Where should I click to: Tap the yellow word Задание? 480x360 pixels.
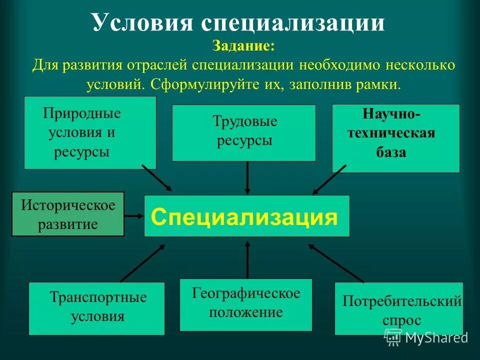click(243, 46)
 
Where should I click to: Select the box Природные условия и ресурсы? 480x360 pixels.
click(90, 132)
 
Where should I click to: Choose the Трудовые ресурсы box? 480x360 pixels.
click(243, 132)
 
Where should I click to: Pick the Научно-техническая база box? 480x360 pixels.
click(395, 138)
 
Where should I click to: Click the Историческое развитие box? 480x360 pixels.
click(67, 213)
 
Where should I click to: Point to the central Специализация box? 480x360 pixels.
click(246, 216)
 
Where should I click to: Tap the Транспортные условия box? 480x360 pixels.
click(96, 308)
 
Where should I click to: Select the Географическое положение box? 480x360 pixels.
click(245, 304)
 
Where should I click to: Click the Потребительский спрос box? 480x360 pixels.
click(398, 308)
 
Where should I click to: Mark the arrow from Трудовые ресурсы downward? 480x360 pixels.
click(247, 177)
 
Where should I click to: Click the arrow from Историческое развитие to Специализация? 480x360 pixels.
click(133, 215)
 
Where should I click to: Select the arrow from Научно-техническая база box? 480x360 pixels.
click(329, 179)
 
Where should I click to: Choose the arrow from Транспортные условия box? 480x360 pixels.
click(142, 263)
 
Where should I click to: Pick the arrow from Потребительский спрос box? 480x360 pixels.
click(336, 263)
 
